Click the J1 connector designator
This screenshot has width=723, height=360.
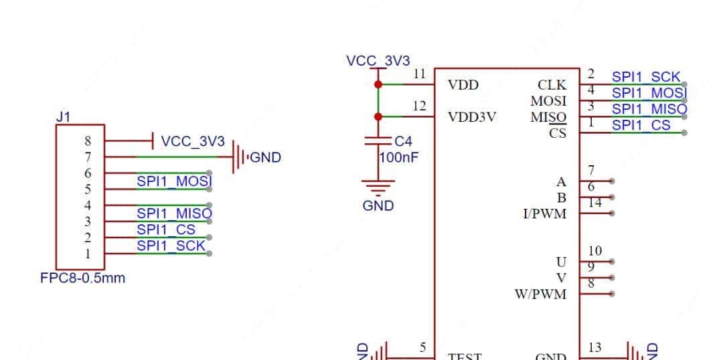(63, 117)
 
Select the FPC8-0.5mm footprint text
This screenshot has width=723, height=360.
(82, 278)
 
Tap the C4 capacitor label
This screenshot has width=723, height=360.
(403, 142)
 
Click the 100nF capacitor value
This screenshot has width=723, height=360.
(399, 158)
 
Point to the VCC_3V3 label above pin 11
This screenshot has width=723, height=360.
(378, 61)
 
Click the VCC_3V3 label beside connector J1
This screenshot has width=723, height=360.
(193, 142)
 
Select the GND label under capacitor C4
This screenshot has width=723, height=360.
(378, 206)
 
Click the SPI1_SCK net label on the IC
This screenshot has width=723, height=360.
(646, 77)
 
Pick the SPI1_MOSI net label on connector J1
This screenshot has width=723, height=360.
(174, 181)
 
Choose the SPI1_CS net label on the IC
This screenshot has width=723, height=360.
(641, 125)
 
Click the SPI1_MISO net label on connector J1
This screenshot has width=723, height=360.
(174, 213)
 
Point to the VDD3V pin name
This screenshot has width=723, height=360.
(472, 117)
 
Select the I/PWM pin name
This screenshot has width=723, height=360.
(544, 214)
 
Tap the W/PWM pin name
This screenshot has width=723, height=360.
(540, 294)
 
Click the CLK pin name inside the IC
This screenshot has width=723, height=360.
(552, 85)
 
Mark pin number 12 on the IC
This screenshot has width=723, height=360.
(419, 106)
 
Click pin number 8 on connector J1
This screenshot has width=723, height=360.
(88, 141)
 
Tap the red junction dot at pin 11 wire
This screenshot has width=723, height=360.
(378, 84)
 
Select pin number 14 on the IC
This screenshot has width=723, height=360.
(594, 203)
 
